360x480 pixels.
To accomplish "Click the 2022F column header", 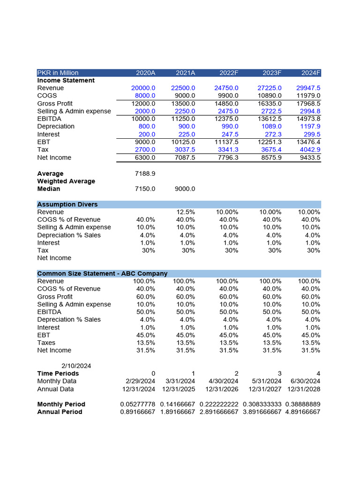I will (229, 73).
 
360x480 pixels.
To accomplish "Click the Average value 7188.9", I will (145, 173).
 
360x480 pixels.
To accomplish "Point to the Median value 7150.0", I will (145, 189).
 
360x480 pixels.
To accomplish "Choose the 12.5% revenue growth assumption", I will (187, 212).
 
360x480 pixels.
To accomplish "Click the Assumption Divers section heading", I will (67, 204).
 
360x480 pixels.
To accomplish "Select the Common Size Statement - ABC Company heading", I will (102, 273).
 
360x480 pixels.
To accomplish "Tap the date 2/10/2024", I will (76, 366).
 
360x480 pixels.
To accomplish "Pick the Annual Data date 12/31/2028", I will (304, 389).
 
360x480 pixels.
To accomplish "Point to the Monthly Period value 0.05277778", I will (137, 404).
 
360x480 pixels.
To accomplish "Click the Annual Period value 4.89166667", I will (302, 412).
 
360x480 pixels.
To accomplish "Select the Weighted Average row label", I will (66, 181).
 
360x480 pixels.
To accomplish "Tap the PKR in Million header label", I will (58, 73).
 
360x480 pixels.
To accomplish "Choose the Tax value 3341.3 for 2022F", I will (227, 150).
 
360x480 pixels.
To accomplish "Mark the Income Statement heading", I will (66, 81).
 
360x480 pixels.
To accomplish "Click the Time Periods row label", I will (58, 374).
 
